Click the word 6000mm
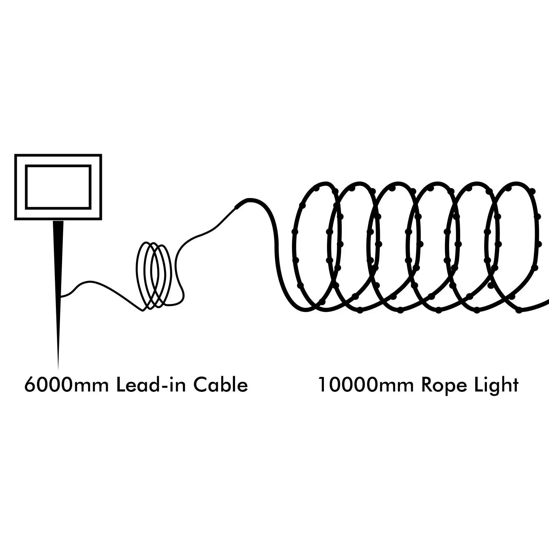[x=66, y=385]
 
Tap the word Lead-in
[x=151, y=385]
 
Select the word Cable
[x=221, y=385]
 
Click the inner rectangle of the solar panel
[x=58, y=187]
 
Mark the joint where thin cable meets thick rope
[x=237, y=206]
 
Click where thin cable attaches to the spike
[x=61, y=295]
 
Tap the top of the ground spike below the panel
[x=58, y=223]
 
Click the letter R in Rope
[x=428, y=385]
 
